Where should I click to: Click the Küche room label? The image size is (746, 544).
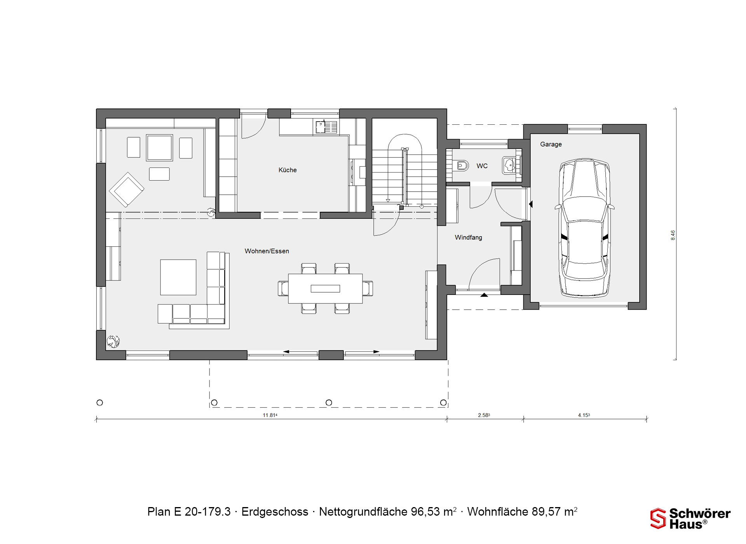pos(288,170)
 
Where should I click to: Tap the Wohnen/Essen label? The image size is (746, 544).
pos(267,251)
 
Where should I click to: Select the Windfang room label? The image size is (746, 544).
pos(469,237)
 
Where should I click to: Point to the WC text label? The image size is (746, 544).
pos(482,166)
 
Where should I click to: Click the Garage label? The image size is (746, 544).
pos(551,144)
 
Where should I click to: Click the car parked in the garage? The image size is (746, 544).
pos(585,228)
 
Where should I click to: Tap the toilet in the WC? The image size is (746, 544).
pos(461,166)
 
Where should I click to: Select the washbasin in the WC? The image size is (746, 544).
pos(509,165)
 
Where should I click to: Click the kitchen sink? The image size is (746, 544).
pos(326,127)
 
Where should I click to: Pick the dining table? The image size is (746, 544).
pos(325,288)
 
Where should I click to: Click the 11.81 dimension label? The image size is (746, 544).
pos(270,415)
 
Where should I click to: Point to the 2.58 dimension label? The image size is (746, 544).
pos(484,415)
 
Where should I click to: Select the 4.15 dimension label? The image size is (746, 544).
pos(584,415)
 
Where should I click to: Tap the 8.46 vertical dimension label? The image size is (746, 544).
pos(673,235)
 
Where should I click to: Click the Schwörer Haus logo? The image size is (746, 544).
pos(690,518)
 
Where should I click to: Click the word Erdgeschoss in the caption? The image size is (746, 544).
pos(275,512)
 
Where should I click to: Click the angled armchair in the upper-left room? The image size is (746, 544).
pos(126,190)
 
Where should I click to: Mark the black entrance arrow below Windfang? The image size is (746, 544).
pos(484,295)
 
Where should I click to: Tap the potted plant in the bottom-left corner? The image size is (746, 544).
pos(113,341)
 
